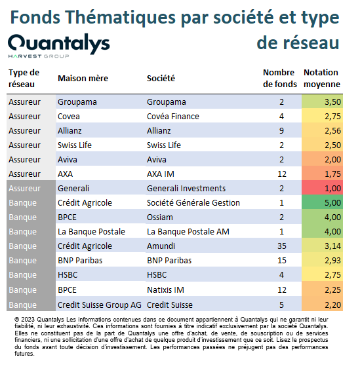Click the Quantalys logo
pyautogui.click(x=59, y=46)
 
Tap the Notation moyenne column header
pyautogui.click(x=322, y=78)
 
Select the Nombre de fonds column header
pyautogui.click(x=280, y=78)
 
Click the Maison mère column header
pyautogui.click(x=83, y=78)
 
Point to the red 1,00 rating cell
pyautogui.click(x=322, y=188)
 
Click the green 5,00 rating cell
pyautogui.click(x=322, y=203)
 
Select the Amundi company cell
pyautogui.click(x=161, y=246)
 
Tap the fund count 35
pyautogui.click(x=282, y=246)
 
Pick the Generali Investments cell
pyautogui.click(x=186, y=188)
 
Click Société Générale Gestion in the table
pyautogui.click(x=193, y=203)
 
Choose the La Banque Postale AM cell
pyautogui.click(x=188, y=232)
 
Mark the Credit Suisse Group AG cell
pyautogui.click(x=100, y=305)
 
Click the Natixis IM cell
pyautogui.click(x=165, y=290)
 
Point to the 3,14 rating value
pyautogui.click(x=332, y=246)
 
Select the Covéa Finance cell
pyautogui.click(x=173, y=116)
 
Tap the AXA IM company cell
pyautogui.click(x=161, y=174)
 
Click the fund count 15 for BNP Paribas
pyautogui.click(x=282, y=260)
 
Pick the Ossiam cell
pyautogui.click(x=160, y=217)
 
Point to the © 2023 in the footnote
pyautogui.click(x=24, y=320)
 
